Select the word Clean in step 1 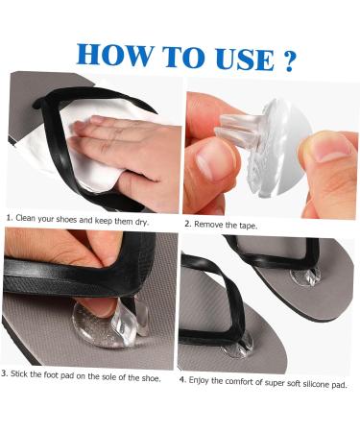click(x=30, y=218)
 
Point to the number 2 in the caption click(x=187, y=224)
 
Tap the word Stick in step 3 click(x=27, y=372)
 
